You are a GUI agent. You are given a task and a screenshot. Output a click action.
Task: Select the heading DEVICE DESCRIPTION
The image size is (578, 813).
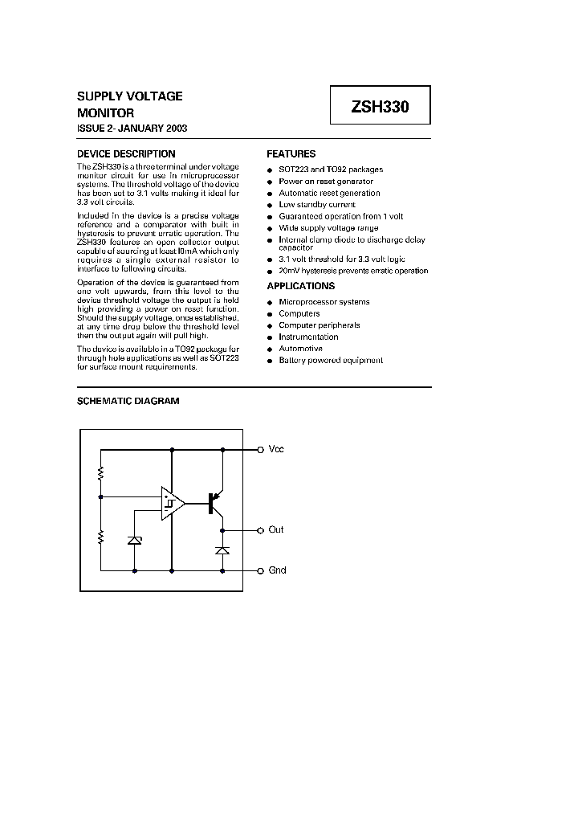point(126,154)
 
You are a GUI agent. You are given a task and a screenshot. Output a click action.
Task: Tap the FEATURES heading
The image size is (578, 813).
point(291,154)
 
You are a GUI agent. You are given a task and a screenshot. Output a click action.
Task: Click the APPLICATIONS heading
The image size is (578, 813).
point(300,286)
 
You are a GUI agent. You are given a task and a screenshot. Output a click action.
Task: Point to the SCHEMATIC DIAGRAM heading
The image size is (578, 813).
point(128,401)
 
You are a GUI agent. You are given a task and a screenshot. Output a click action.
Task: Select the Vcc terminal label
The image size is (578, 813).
point(276,450)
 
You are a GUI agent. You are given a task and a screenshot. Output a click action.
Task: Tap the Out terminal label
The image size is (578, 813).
point(276,530)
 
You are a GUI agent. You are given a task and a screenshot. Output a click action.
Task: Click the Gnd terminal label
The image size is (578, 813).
point(277,570)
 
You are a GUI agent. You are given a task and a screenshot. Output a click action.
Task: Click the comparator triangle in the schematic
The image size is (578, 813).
point(172,504)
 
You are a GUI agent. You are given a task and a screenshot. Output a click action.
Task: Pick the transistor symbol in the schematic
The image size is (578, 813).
point(214,504)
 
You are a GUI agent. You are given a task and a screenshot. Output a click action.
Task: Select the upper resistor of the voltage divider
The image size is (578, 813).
point(100,474)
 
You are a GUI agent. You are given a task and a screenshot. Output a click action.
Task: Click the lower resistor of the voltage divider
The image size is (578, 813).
point(100,537)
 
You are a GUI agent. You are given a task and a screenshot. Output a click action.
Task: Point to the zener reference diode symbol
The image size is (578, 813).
point(134,541)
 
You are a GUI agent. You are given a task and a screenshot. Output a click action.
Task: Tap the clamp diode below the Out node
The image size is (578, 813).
point(223,550)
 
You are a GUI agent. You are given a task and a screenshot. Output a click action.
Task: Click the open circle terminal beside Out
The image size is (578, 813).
point(260,530)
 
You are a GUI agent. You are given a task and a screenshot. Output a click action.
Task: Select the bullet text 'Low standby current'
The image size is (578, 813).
point(317,205)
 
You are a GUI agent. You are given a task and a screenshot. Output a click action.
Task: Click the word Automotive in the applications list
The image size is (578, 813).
point(300,349)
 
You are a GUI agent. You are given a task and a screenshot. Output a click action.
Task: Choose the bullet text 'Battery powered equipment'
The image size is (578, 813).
point(331,361)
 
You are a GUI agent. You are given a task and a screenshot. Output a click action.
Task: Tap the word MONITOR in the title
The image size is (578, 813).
point(105,113)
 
